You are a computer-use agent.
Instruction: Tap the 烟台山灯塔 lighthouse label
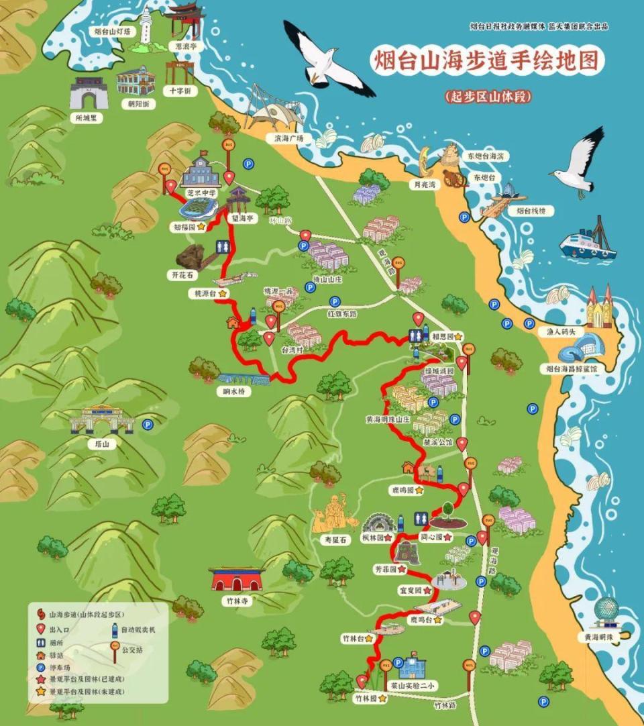click(112, 32)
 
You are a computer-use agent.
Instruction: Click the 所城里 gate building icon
click(89, 94)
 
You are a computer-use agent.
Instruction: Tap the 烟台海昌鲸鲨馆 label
click(571, 368)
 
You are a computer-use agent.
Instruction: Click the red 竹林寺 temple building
click(236, 578)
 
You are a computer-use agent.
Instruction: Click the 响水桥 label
click(234, 391)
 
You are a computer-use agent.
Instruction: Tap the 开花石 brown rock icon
click(191, 256)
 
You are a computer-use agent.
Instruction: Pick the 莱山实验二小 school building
click(412, 666)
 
